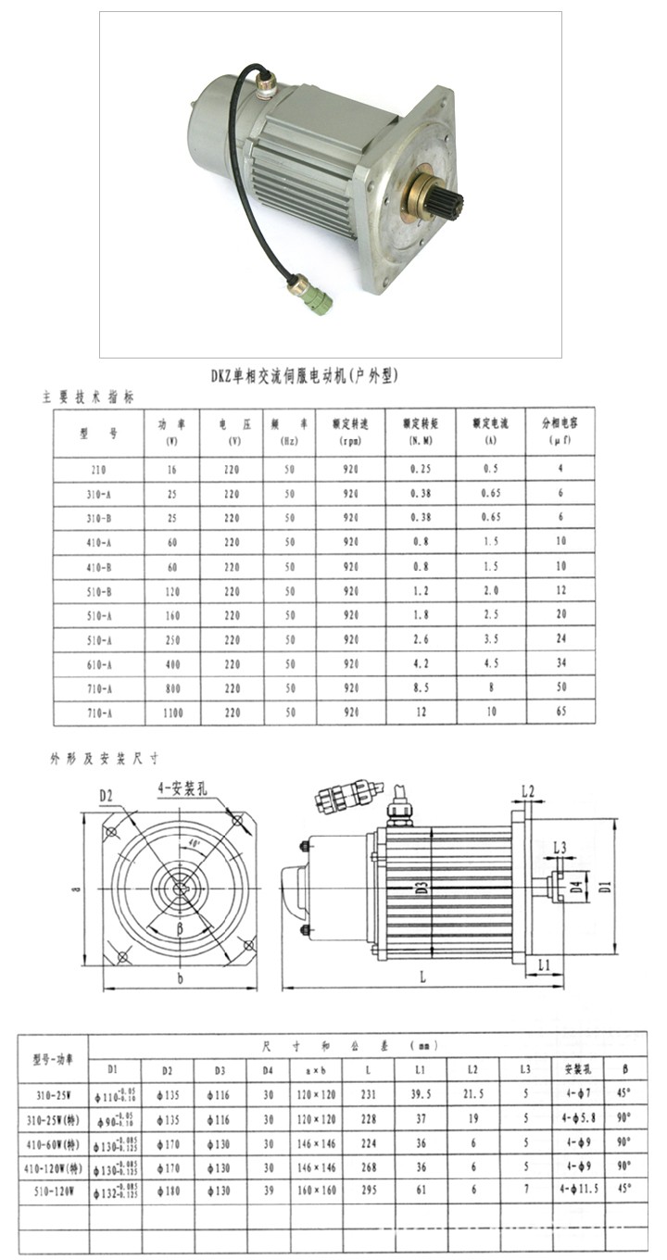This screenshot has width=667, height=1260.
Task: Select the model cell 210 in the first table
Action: pos(98,470)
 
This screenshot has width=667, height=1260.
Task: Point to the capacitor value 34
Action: pos(560,664)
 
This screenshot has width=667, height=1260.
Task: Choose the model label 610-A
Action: pos(98,664)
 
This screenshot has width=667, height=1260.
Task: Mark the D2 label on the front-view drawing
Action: pos(107,794)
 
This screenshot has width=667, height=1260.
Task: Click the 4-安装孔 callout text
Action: pos(182,789)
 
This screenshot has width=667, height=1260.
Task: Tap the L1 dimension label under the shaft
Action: pos(543,964)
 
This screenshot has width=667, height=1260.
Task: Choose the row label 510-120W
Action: pos(54,1190)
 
